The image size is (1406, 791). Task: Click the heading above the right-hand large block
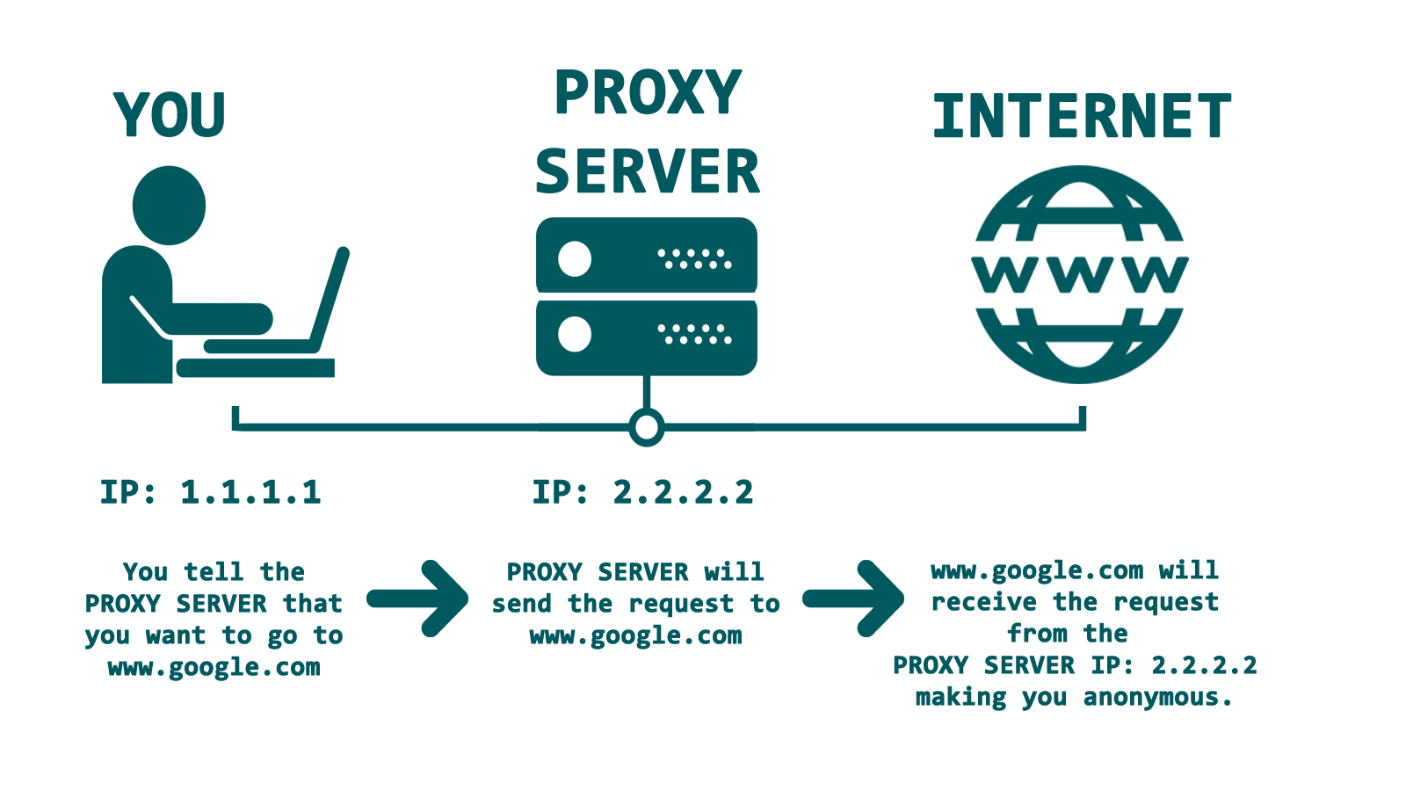pyautogui.click(x=1081, y=116)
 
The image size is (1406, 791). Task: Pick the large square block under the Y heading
pyautogui.click(x=225, y=274)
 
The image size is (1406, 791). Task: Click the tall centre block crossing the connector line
pyautogui.click(x=646, y=331)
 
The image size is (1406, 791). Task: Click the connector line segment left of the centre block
pyautogui.click(x=387, y=427)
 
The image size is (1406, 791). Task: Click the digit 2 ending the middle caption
pyautogui.click(x=743, y=491)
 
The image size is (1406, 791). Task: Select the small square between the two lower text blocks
pyautogui.click(x=417, y=598)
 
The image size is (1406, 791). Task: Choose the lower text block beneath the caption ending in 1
pyautogui.click(x=214, y=620)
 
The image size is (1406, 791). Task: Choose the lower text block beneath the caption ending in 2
pyautogui.click(x=635, y=605)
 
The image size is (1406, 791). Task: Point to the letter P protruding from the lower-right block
pyautogui.click(x=898, y=665)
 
